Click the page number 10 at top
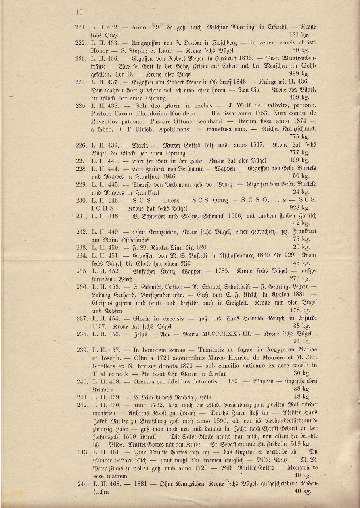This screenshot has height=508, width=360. pos(79,12)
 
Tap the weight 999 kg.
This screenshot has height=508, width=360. pos(301,74)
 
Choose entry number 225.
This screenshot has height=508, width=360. pos(80,105)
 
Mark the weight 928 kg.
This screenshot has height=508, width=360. pos(301,208)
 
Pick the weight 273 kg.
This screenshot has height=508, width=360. pos(300,278)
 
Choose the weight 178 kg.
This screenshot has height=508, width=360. pos(300,310)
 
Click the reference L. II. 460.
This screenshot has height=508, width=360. pos(105,405)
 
